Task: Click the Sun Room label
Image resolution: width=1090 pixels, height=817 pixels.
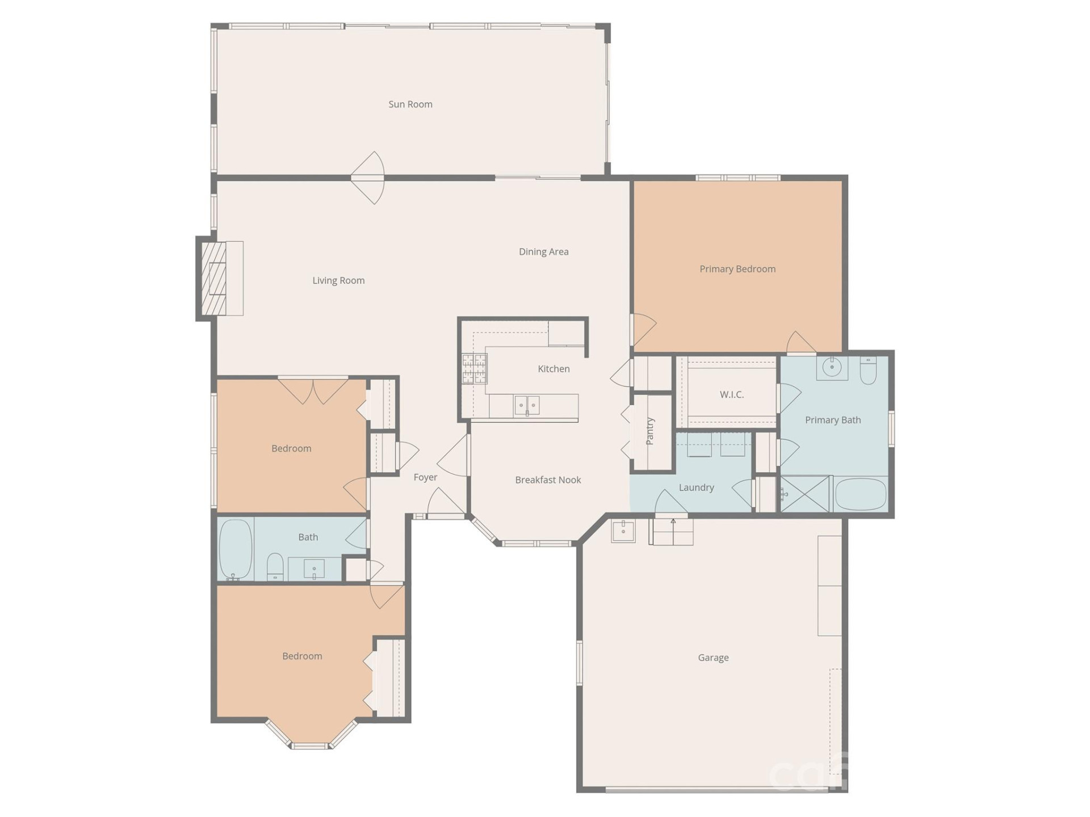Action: click(x=410, y=104)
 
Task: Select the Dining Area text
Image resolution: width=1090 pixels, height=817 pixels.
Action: click(x=543, y=252)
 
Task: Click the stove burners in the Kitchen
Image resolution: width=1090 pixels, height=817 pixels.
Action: click(x=474, y=368)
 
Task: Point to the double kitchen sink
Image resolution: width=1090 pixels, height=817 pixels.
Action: click(x=527, y=405)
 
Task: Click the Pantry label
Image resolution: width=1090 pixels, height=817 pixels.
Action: click(x=651, y=431)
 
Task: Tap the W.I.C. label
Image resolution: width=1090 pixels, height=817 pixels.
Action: click(x=731, y=395)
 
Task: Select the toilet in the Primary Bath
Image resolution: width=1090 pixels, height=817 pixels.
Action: click(x=868, y=371)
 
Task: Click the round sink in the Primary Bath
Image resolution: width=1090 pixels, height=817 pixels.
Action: click(x=832, y=368)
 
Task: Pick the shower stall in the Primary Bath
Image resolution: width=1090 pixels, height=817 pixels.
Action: click(x=804, y=494)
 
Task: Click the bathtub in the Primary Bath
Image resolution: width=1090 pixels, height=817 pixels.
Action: click(x=861, y=494)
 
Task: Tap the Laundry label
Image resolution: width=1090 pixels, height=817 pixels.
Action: click(x=696, y=488)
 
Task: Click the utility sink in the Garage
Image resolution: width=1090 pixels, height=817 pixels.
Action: click(x=623, y=532)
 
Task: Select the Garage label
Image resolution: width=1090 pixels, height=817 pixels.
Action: click(x=713, y=658)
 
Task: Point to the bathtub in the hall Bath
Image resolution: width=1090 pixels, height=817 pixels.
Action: click(x=235, y=549)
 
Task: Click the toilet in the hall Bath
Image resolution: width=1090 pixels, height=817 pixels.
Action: click(x=275, y=567)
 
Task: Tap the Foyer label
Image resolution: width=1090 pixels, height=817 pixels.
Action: click(x=425, y=478)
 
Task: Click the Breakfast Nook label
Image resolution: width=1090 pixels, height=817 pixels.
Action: click(x=548, y=480)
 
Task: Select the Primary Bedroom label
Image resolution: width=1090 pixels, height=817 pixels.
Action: click(x=737, y=269)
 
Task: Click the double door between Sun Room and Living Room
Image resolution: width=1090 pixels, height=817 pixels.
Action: click(x=368, y=178)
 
